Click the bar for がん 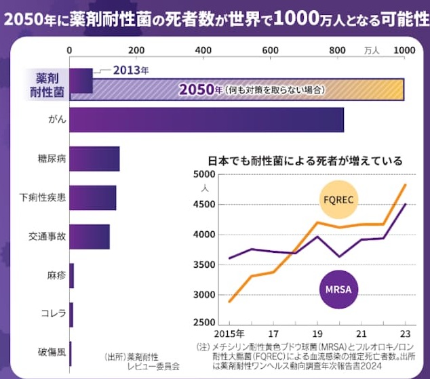tap(206, 120)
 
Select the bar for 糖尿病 tap(94, 159)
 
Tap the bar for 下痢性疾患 tap(93, 197)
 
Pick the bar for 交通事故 tap(90, 236)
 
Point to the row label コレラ tap(53, 313)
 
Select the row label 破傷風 tap(53, 351)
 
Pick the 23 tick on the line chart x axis tap(405, 334)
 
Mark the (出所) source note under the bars tap(141, 361)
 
